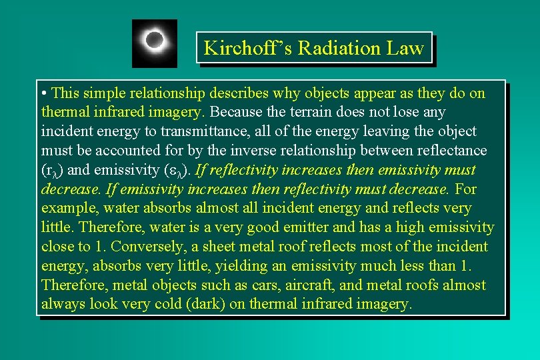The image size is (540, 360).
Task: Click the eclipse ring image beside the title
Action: click(154, 43)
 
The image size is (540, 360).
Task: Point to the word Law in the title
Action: click(408, 48)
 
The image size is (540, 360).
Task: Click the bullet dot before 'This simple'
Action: click(44, 93)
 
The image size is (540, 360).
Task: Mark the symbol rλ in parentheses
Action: click(51, 171)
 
